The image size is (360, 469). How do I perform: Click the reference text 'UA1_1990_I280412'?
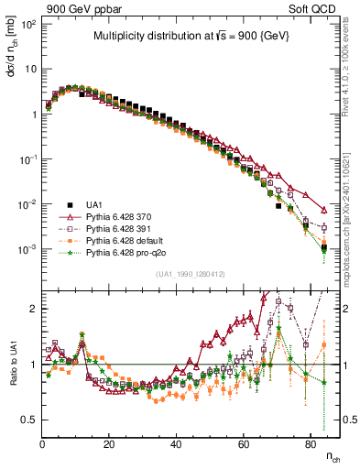191,274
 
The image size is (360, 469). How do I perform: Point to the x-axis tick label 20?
109,443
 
